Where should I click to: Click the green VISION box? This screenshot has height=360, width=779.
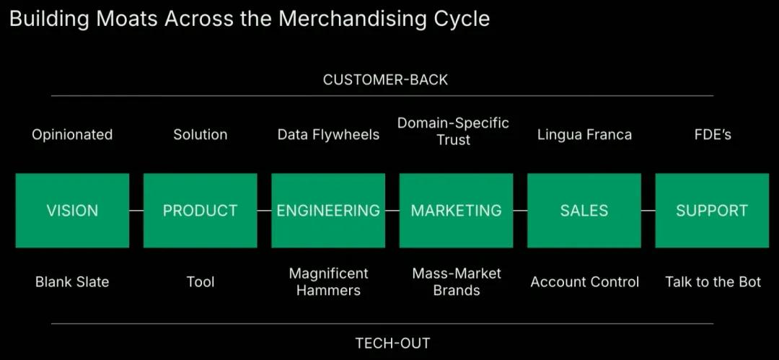tap(72, 211)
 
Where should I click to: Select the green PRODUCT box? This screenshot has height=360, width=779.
tap(201, 211)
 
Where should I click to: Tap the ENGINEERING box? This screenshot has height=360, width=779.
tap(328, 211)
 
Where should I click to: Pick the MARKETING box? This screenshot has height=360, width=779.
tap(456, 211)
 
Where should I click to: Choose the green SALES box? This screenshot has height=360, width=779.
tap(584, 211)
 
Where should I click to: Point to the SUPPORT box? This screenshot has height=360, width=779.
tap(712, 211)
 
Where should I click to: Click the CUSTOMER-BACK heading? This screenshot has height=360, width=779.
tap(385, 79)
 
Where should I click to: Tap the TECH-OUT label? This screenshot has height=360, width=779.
tap(392, 343)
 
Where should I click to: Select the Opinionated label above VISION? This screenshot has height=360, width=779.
tap(72, 135)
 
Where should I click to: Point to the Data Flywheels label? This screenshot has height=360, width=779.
tap(328, 135)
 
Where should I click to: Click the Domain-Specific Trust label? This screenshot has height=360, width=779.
tap(453, 131)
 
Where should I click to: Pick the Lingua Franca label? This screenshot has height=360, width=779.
tap(585, 135)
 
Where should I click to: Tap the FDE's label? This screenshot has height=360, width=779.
tap(713, 135)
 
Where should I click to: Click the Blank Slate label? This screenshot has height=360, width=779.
tap(72, 282)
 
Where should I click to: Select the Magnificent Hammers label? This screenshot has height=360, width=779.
tap(328, 281)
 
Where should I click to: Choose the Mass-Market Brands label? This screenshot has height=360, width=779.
tap(457, 281)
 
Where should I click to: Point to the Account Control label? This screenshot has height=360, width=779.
tap(585, 282)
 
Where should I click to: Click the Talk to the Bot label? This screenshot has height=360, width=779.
tap(713, 282)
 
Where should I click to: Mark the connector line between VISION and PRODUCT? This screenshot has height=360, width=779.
tap(136, 211)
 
